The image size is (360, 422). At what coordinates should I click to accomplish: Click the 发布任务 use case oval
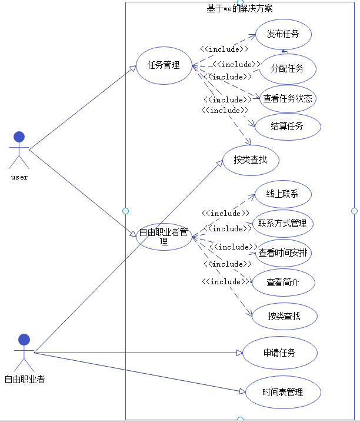point(283,34)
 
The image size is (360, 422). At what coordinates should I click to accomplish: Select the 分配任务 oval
point(288,69)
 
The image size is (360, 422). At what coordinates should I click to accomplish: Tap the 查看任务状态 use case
point(288,98)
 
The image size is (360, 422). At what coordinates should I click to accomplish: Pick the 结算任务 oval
point(288,126)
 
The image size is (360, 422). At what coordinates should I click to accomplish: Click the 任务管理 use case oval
point(164,65)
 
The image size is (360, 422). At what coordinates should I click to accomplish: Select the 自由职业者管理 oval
point(164,237)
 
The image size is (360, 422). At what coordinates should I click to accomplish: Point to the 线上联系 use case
point(282,194)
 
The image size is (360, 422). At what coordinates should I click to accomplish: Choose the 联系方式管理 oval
point(282,224)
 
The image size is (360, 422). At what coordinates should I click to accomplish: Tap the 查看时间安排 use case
point(285,253)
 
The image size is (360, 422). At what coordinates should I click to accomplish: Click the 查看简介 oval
point(283,283)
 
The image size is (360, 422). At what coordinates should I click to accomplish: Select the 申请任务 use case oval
point(279,353)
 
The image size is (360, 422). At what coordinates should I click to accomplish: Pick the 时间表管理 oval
point(283,392)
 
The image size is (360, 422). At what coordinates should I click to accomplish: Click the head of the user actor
point(19,137)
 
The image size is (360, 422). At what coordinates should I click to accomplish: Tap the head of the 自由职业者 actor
point(24,340)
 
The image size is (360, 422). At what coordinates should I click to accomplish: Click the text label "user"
point(19,177)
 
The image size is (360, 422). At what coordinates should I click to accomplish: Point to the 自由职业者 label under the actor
point(25,380)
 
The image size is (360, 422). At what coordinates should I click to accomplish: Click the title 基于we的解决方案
point(239,8)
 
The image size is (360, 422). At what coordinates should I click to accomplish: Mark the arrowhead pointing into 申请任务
point(239,353)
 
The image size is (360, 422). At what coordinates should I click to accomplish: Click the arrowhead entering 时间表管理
point(241,391)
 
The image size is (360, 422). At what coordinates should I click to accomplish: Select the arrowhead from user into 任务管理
point(133,69)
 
